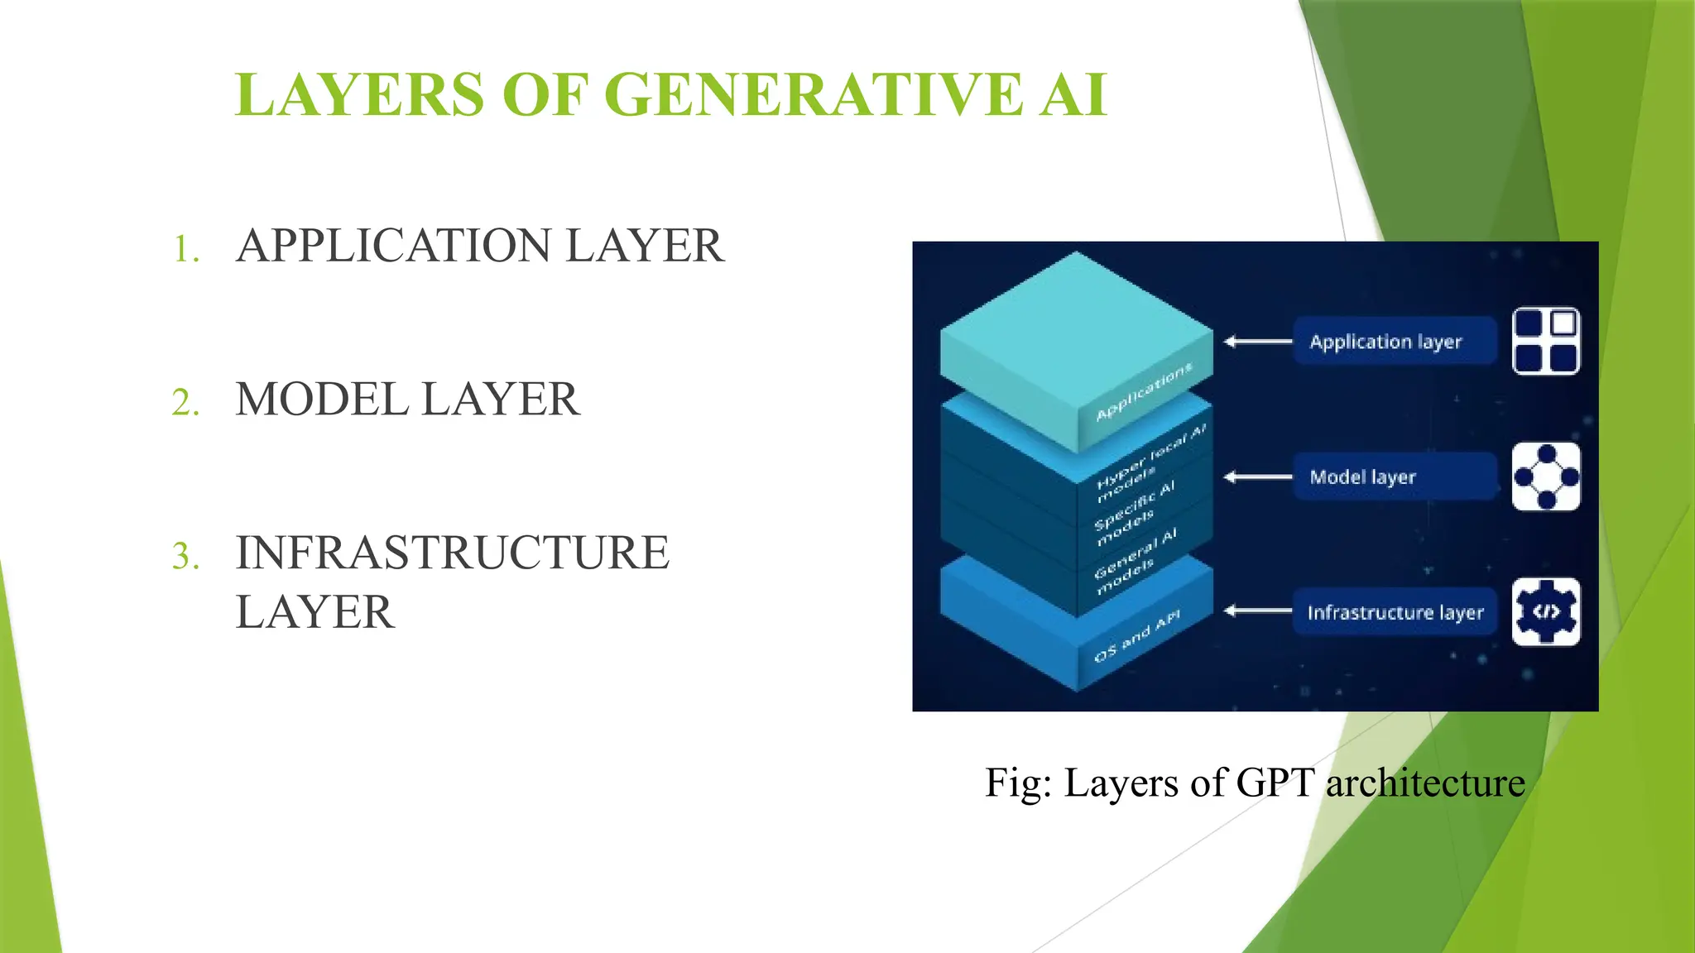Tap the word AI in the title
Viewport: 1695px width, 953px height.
(1073, 94)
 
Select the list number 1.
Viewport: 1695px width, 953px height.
(186, 249)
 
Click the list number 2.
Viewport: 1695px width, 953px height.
(186, 403)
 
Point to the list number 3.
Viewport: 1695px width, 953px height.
(186, 556)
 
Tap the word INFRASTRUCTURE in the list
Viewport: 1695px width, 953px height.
(452, 553)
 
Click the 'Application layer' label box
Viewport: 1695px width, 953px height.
(1395, 341)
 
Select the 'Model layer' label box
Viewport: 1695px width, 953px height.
(1395, 476)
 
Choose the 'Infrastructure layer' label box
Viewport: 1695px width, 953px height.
(1395, 612)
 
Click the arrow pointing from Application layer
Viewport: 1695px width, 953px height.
(1257, 341)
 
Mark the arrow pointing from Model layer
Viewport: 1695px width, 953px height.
(1257, 476)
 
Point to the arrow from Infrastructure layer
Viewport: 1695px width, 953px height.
(1257, 611)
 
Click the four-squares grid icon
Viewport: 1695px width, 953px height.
(1545, 341)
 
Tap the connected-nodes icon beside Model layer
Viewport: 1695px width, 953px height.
(1545, 476)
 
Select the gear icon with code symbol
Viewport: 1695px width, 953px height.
(1545, 612)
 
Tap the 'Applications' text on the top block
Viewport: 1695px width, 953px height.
(1144, 391)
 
